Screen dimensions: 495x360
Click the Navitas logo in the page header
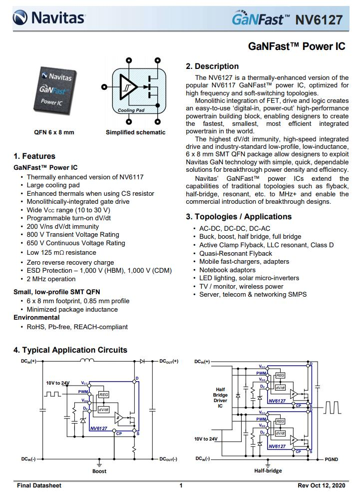click(49, 19)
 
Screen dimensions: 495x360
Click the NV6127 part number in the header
click(319, 20)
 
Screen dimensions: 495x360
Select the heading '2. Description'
click(212, 66)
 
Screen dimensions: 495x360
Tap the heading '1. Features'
click(34, 156)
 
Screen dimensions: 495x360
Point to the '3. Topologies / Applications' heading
click(239, 217)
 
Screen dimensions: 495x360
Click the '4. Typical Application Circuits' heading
click(70, 350)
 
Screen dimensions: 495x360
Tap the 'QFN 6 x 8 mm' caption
click(54, 132)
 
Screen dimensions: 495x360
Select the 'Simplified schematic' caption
click(135, 132)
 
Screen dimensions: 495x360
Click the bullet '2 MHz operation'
click(51, 279)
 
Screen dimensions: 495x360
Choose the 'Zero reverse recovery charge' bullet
click(70, 262)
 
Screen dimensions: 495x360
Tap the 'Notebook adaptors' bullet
click(227, 270)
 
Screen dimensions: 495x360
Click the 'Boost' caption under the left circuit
click(99, 471)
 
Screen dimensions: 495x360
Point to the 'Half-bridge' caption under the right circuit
click(268, 471)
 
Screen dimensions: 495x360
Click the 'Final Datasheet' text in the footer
click(39, 486)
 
